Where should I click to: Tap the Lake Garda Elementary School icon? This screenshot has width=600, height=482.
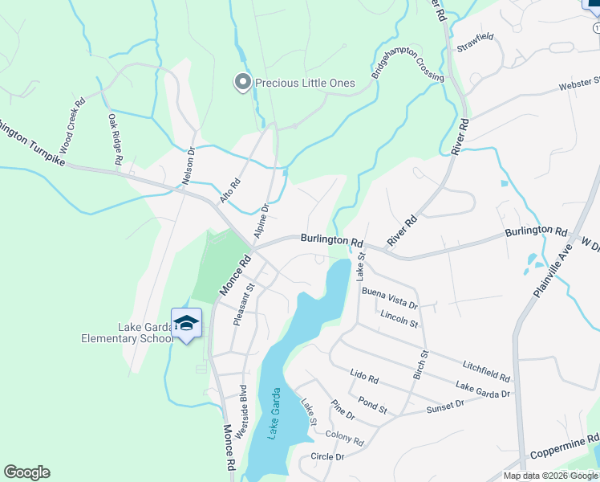186,324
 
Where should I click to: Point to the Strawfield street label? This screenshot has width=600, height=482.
476,43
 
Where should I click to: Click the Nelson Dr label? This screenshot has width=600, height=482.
189,166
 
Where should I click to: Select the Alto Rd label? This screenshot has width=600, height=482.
230,190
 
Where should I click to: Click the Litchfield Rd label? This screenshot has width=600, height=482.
486,371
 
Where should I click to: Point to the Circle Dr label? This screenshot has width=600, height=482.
326,456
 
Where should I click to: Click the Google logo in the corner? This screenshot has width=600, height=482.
26,472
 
